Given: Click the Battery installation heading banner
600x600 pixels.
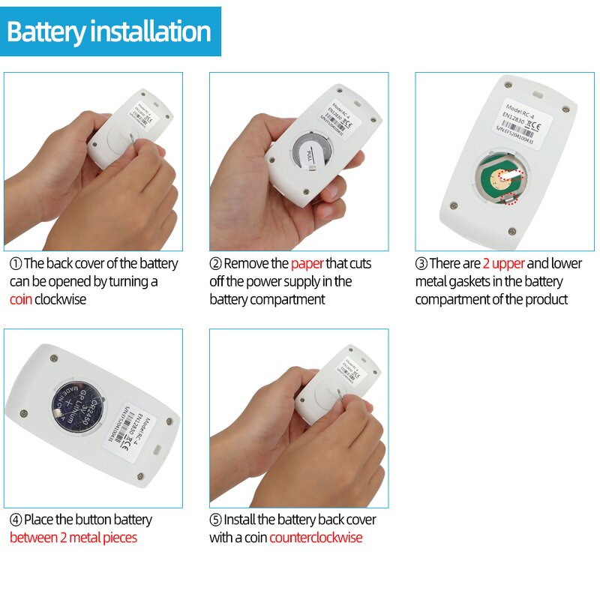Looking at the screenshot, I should point(110,31).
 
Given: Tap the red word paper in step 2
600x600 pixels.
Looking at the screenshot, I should point(307,263).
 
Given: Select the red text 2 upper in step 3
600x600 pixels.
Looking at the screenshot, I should point(503,263).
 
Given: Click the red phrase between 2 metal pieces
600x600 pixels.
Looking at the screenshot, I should point(73,538).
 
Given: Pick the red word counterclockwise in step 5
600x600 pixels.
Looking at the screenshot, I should point(316,538).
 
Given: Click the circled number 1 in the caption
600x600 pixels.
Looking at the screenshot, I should point(15,264).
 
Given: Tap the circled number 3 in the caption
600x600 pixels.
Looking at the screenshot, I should point(421,264).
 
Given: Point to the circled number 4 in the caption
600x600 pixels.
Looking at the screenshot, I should point(15,520).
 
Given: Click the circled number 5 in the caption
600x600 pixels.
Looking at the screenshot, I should point(215,520).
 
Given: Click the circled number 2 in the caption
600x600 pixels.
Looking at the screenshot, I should point(215,264).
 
